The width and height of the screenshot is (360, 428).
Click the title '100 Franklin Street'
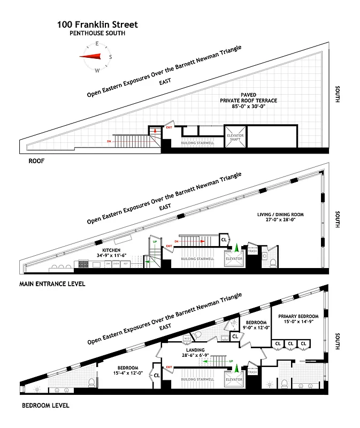pyautogui.click(x=97, y=25)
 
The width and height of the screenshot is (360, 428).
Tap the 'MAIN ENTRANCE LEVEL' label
pyautogui.click(x=52, y=284)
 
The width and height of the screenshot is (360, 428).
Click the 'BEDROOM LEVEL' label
pyautogui.click(x=45, y=405)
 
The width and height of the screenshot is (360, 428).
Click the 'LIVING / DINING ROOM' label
pyautogui.click(x=280, y=215)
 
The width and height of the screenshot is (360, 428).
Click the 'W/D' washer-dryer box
pyautogui.click(x=187, y=338)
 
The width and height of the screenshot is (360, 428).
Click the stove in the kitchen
pyautogui.click(x=83, y=264)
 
